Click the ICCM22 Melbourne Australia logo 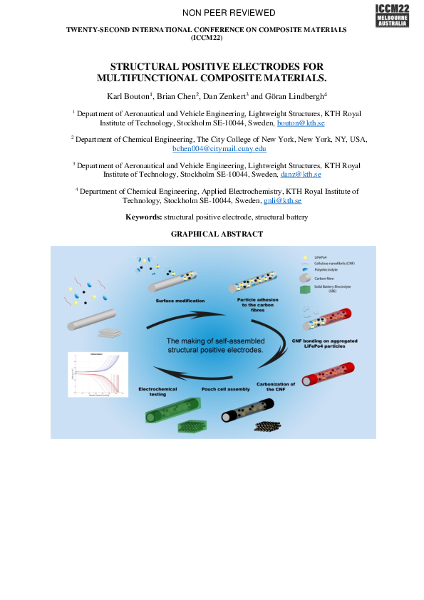[x=392, y=15]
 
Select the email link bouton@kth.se [x=296, y=123]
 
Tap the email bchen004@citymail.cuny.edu [x=219, y=149]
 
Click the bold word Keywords [x=143, y=217]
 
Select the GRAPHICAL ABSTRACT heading [x=217, y=234]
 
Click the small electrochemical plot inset [x=95, y=374]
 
